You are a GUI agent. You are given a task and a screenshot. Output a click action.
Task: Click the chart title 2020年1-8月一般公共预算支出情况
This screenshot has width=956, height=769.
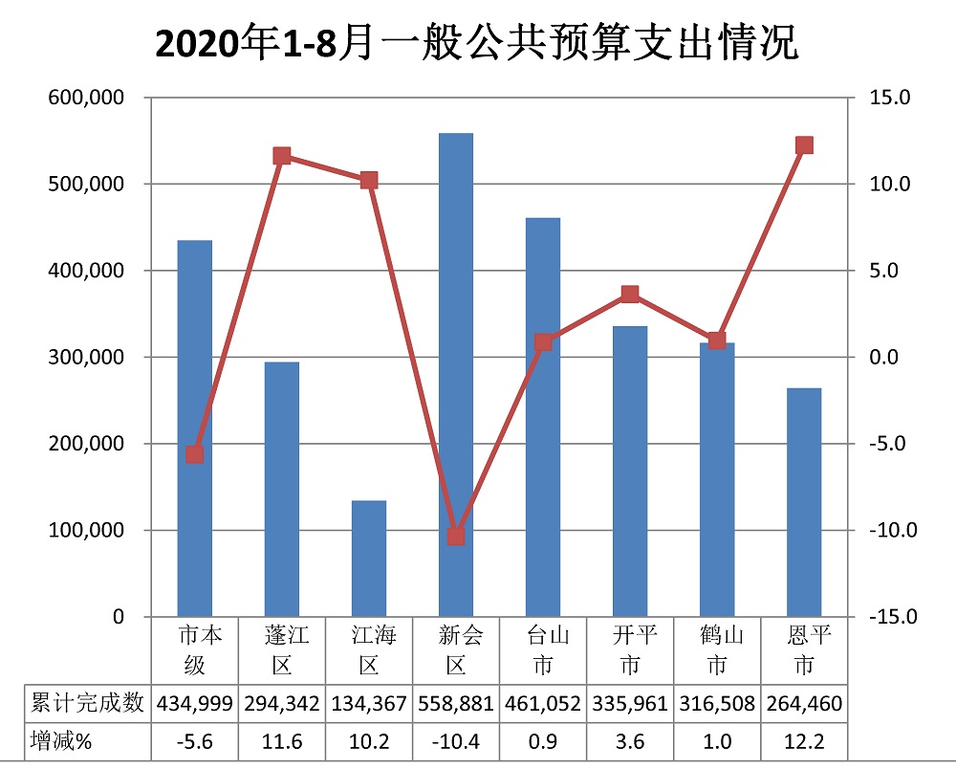(x=476, y=44)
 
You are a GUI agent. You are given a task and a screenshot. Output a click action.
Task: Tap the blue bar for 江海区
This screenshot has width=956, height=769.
(x=369, y=559)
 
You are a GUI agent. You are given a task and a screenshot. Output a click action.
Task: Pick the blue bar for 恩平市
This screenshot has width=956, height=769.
(x=804, y=502)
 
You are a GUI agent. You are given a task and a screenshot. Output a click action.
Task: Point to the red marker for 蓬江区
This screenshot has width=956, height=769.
(x=282, y=156)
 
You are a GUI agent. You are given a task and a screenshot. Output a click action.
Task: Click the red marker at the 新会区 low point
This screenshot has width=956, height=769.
(x=456, y=537)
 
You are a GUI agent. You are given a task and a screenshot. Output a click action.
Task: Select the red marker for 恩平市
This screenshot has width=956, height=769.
(x=804, y=145)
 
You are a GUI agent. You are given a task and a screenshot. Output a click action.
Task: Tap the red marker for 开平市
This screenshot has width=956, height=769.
(x=630, y=295)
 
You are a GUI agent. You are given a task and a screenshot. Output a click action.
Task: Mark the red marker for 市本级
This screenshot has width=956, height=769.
(x=195, y=454)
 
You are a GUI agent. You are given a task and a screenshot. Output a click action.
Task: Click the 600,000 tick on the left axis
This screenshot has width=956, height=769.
(x=84, y=98)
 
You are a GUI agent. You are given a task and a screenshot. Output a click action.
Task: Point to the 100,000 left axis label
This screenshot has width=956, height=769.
(x=84, y=531)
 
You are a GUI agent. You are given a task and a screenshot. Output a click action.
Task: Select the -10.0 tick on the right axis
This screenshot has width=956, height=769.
(x=891, y=531)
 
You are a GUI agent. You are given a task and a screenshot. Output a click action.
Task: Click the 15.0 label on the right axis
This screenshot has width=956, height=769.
(x=891, y=98)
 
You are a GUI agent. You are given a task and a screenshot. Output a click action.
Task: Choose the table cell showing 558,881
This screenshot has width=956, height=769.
(x=456, y=705)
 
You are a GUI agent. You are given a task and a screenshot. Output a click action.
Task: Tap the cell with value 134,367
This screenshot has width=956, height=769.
(x=369, y=705)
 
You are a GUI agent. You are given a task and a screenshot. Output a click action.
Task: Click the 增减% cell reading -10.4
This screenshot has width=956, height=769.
(x=456, y=741)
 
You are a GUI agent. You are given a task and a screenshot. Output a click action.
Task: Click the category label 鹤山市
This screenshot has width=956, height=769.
(x=717, y=649)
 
